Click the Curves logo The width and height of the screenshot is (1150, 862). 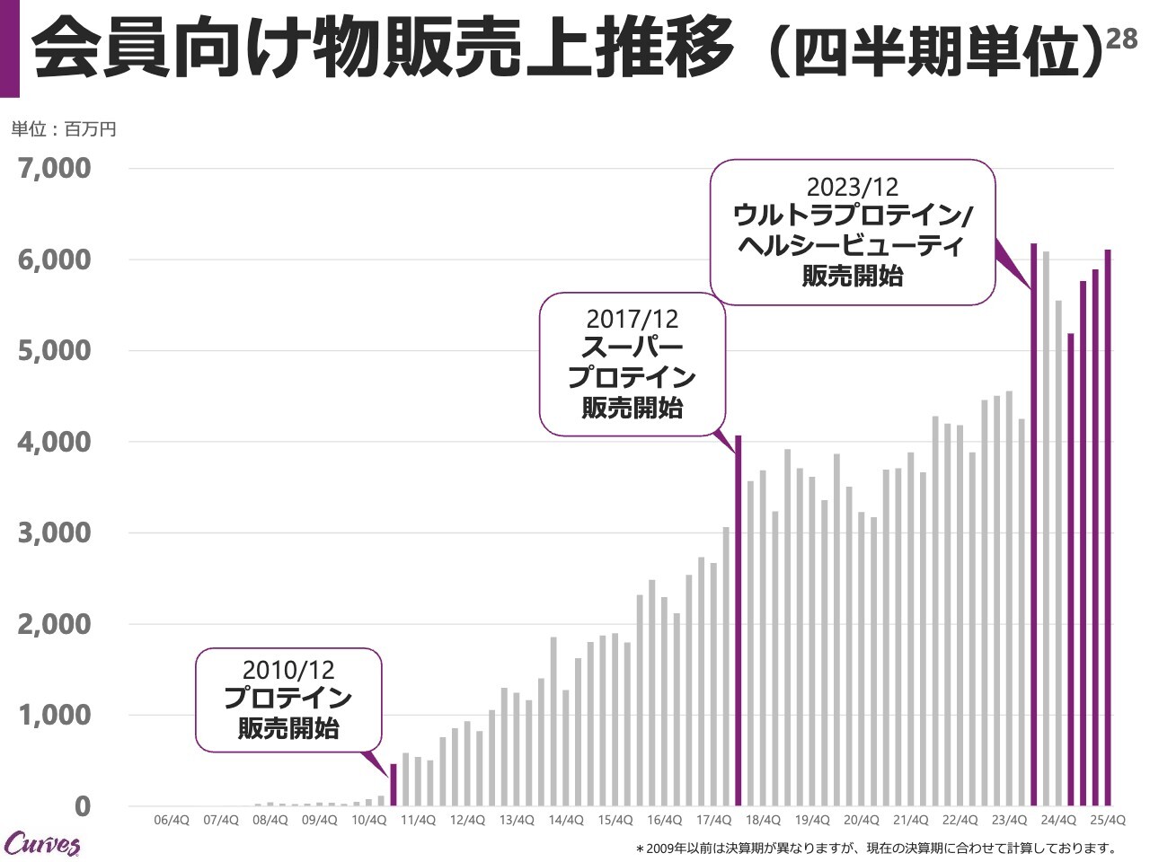[x=42, y=843]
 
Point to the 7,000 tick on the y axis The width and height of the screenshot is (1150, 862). [x=55, y=168]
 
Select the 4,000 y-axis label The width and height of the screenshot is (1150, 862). [x=55, y=442]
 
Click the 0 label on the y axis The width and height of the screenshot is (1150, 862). [x=82, y=806]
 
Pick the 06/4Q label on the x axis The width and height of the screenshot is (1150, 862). [x=172, y=820]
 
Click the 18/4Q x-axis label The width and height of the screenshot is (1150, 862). [x=762, y=820]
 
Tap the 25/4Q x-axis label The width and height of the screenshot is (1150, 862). [x=1107, y=820]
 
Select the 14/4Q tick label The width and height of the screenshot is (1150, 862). [x=565, y=820]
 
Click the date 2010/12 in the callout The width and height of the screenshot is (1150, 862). [x=288, y=670]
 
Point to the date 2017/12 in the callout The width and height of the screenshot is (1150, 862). [x=632, y=319]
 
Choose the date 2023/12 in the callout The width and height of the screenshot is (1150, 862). [x=852, y=187]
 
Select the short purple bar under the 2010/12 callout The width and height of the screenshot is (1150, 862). [x=394, y=785]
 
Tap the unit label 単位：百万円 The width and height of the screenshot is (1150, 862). [x=63, y=129]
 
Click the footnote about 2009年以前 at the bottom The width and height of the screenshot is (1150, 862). [x=875, y=848]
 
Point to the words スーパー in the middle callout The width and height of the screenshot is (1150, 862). [x=632, y=347]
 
